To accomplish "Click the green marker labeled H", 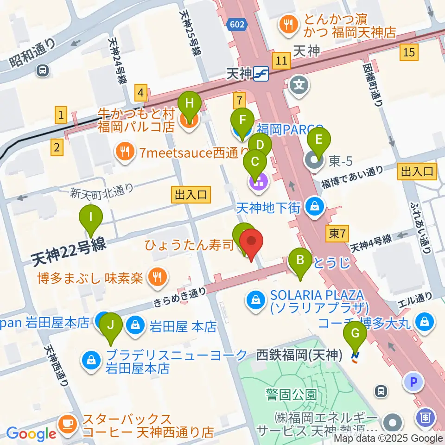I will (x=189, y=104).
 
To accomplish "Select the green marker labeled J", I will (x=110, y=324).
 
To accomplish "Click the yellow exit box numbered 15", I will (x=408, y=52).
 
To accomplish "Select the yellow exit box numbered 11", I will (x=281, y=60).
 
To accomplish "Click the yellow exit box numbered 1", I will (x=61, y=114).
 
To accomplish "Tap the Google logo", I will (x=31, y=434).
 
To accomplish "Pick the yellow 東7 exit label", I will (x=337, y=234).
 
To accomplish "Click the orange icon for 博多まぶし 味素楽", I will (x=153, y=277).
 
